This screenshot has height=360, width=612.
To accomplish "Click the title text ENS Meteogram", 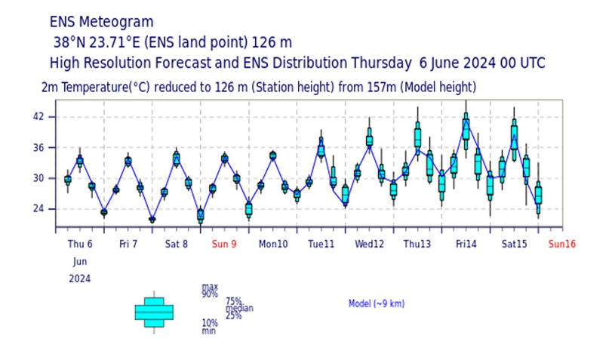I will point(101,22).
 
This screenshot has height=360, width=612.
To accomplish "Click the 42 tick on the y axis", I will point(38,117).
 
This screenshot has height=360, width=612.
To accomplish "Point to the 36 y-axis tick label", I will point(38,148).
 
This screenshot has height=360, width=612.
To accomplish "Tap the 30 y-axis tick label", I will point(38,179).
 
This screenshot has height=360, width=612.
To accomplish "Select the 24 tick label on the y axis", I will point(38,209).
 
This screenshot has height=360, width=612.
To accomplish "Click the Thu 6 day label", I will point(80,244).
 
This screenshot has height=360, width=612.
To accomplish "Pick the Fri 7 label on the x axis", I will point(128,244).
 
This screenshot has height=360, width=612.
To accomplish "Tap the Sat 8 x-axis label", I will point(177,244).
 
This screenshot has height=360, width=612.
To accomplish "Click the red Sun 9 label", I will point(224,244).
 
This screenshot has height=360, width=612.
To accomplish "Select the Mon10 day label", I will point(273,244).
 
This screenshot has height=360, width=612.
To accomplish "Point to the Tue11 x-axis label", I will point(321,244).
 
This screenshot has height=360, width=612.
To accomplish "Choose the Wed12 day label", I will point(370,244).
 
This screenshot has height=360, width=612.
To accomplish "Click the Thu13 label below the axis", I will point(417,244).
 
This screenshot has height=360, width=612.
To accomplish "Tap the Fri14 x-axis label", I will point(466,244).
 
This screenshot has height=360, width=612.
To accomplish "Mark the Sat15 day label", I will point(515,244).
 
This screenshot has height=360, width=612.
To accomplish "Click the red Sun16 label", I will point(562,244).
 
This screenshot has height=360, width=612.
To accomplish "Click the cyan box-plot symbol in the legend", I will point(154,312).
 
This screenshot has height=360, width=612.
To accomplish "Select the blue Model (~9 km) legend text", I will point(376,303).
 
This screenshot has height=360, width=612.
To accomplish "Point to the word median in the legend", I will point(239,308).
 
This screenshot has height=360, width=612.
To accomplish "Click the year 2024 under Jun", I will point(80,278).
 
